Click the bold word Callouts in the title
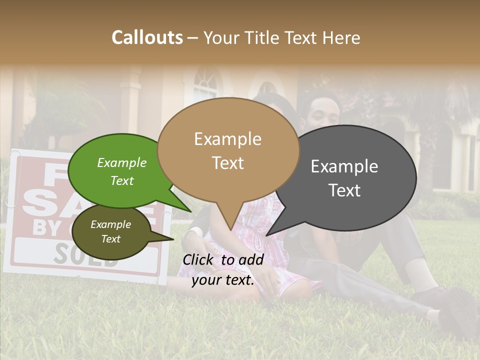147,37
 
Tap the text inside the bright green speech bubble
121,171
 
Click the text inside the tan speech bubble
227,150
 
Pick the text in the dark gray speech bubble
344,178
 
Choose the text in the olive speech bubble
110,231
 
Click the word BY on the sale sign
45,227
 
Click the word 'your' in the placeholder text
205,280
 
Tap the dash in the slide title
193,38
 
